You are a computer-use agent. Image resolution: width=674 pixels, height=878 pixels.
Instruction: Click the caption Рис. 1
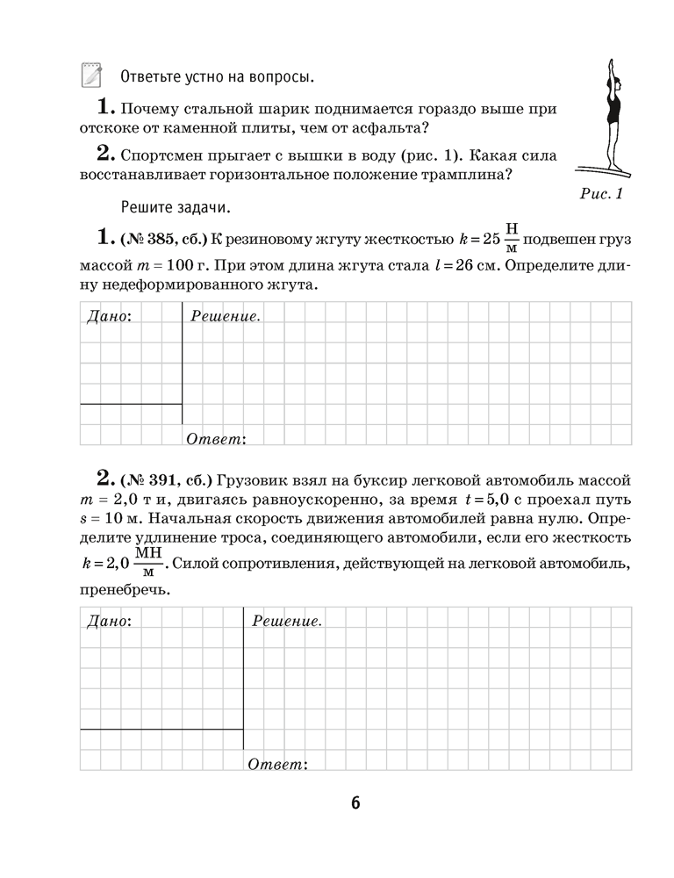[601, 194]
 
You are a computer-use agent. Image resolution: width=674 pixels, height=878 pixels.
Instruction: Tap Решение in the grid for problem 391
[286, 621]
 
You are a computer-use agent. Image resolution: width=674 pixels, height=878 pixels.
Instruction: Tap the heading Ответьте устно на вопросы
[216, 76]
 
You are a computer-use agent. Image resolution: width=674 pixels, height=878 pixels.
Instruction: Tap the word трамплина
[468, 174]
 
